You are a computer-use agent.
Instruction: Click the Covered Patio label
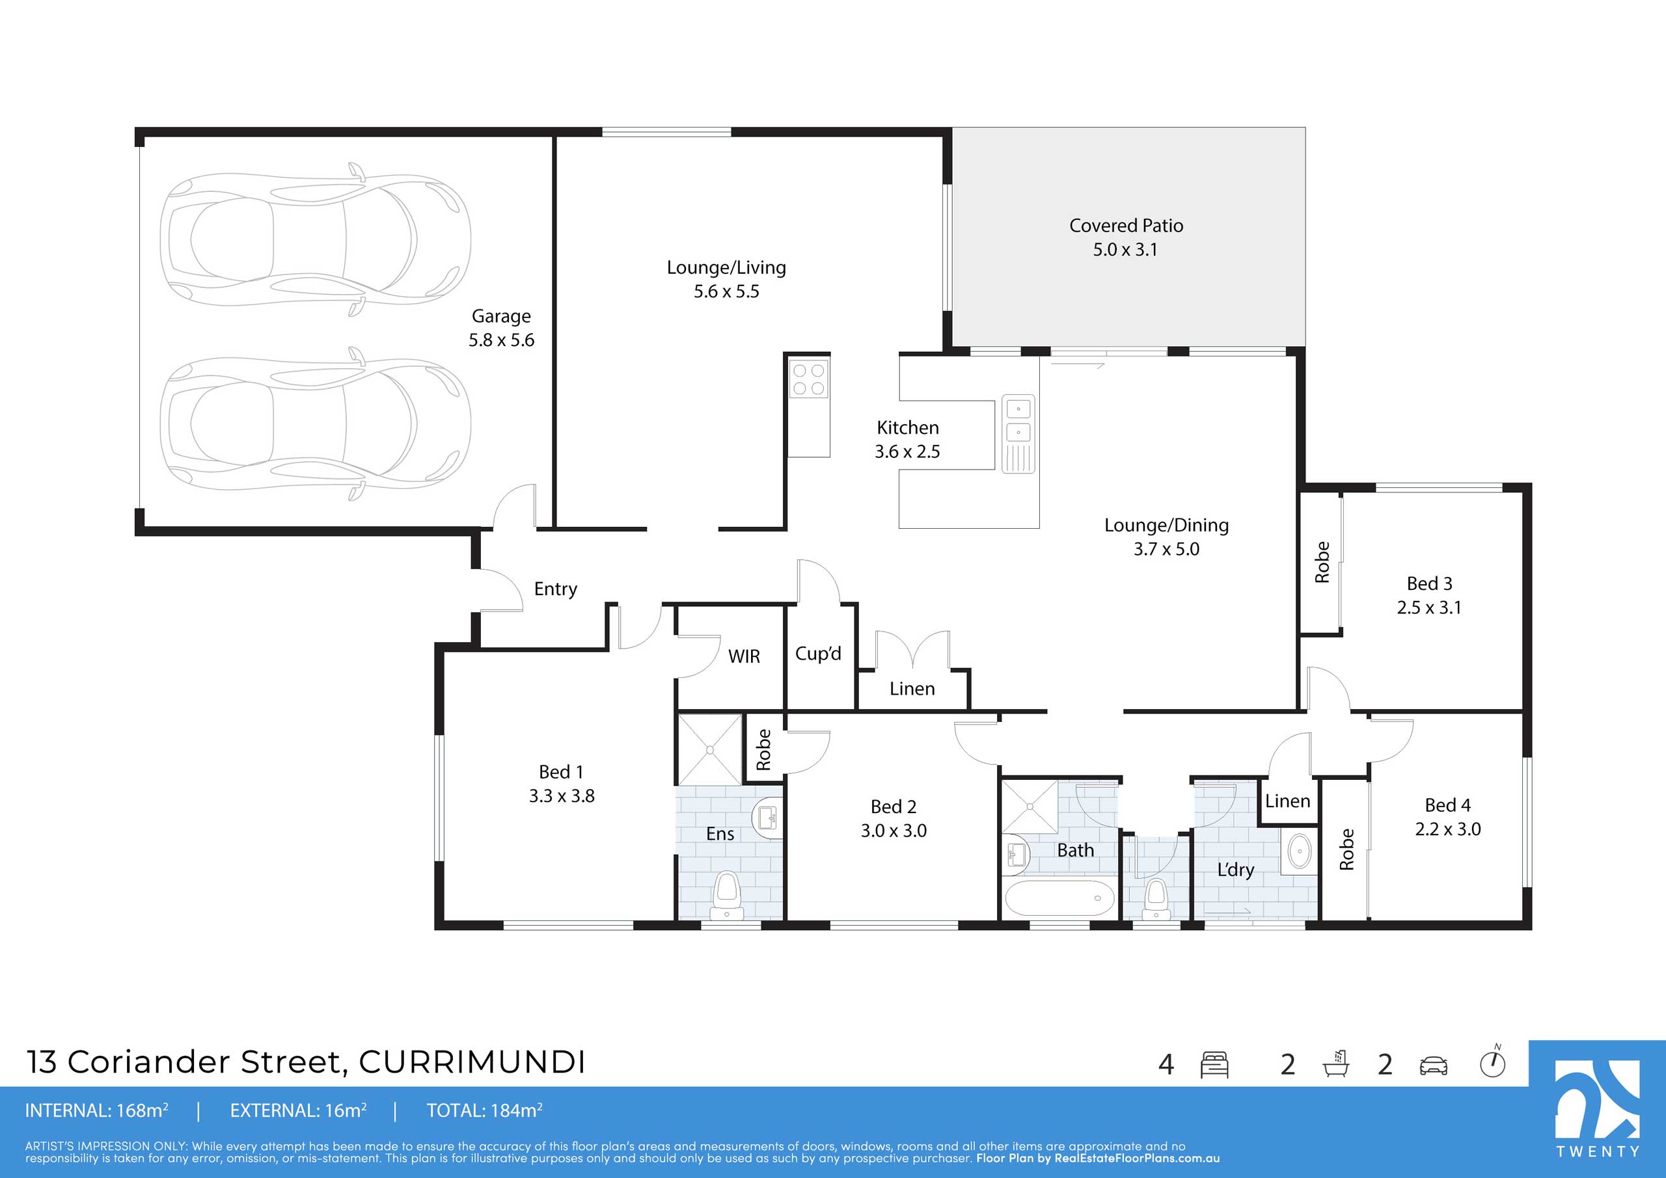(1126, 226)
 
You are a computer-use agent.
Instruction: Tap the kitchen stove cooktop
(809, 379)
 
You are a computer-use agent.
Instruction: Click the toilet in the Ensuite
(726, 896)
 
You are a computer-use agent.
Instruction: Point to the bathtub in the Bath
(1059, 899)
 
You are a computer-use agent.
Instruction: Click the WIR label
(744, 656)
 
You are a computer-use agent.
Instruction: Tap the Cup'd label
(818, 654)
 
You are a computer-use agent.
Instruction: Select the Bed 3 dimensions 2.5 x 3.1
(1428, 608)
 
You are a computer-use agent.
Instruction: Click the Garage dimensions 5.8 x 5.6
(501, 340)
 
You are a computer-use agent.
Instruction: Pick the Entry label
(556, 589)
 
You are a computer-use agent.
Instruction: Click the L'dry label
(1236, 869)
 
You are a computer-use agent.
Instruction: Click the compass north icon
(1493, 1063)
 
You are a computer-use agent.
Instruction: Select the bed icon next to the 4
(1214, 1064)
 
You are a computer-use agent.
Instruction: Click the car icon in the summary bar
(1433, 1065)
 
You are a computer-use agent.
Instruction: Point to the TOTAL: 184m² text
(484, 1110)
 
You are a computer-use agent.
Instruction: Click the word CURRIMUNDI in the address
(472, 1062)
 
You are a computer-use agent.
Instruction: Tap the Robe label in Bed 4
(1346, 849)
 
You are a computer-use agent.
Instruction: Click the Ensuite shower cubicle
(709, 749)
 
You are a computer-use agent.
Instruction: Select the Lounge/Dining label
(1166, 525)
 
